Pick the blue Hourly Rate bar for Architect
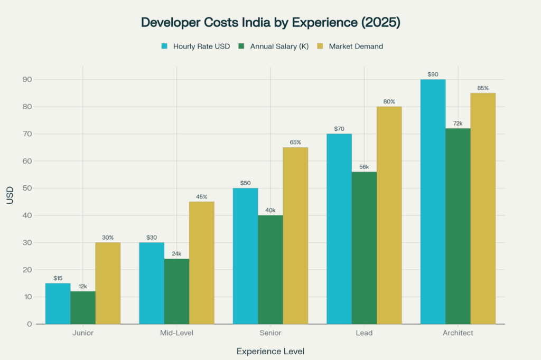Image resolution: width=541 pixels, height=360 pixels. tap(433, 201)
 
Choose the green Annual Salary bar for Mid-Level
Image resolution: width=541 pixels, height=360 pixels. tap(176, 291)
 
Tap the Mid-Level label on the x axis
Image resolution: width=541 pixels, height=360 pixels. tap(176, 333)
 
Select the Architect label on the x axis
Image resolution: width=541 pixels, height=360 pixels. tap(458, 333)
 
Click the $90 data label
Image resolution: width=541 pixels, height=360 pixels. tap(433, 74)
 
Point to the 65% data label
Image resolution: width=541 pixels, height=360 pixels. tap(295, 142)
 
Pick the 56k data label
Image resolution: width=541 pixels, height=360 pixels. tap(364, 167)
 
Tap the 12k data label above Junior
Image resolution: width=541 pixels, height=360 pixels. tap(83, 286)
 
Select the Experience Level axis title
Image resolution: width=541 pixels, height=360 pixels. tap(270, 351)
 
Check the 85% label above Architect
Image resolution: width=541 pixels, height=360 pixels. tap(483, 88)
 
